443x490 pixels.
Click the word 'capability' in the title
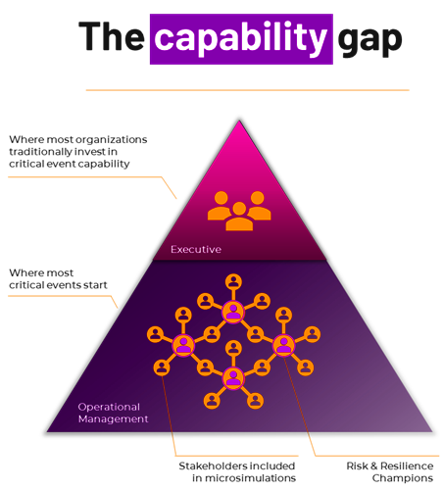pyautogui.click(x=241, y=39)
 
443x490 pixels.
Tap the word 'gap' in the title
pyautogui.click(x=369, y=40)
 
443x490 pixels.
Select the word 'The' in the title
pyautogui.click(x=112, y=36)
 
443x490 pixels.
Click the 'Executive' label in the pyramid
pyautogui.click(x=196, y=249)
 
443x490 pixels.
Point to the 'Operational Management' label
pyautogui.click(x=113, y=413)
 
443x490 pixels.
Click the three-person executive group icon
pyautogui.click(x=239, y=211)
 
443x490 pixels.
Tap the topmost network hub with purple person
pyautogui.click(x=233, y=312)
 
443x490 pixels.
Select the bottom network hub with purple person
pyautogui.click(x=233, y=378)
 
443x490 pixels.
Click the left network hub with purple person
pyautogui.click(x=183, y=345)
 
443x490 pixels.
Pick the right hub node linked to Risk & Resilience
pyautogui.click(x=283, y=345)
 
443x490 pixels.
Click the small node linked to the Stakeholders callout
pyautogui.click(x=162, y=367)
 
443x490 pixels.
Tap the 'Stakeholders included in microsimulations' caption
pyautogui.click(x=237, y=472)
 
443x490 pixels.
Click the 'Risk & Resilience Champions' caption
pyautogui.click(x=390, y=472)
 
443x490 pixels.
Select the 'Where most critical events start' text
pyautogui.click(x=58, y=279)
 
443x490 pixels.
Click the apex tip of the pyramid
pyautogui.click(x=239, y=121)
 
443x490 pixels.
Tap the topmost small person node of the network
pyautogui.click(x=233, y=282)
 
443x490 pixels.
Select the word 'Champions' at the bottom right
pyautogui.click(x=403, y=478)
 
